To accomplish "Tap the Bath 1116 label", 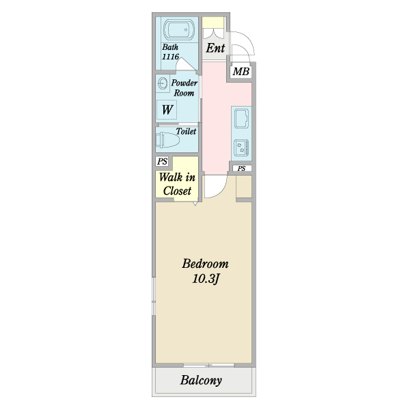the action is [171, 53].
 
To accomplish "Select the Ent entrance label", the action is [215, 49].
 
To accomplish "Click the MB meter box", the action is [241, 71].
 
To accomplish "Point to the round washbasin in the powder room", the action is [163, 84].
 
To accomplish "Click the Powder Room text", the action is [184, 87].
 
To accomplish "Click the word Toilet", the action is [186, 131].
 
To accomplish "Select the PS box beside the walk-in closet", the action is [162, 162].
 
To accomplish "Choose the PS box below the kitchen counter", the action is [242, 168].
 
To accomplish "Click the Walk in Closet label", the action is [177, 184].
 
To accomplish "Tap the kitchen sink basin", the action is [242, 121].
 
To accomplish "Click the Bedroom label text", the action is [205, 264].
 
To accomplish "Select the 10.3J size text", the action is [205, 279].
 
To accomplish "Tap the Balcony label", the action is [201, 381].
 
